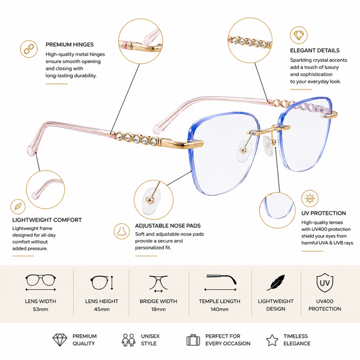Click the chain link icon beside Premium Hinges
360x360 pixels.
pos(29,49)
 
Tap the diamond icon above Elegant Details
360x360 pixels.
pos(298,35)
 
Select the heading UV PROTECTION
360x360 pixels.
pos(323,213)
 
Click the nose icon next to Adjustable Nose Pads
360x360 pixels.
pos(122,231)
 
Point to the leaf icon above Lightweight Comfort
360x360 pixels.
pos(18,206)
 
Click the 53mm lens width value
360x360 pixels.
pos(40,309)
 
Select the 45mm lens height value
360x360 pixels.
pos(101,309)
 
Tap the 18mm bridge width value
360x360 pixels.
pos(158,309)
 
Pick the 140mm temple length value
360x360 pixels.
pos(220,309)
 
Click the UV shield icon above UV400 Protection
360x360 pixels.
pos(325,283)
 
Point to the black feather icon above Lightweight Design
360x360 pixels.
pos(276,283)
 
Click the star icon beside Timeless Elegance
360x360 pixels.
pos(272,340)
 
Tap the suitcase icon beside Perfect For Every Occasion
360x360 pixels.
pos(193,340)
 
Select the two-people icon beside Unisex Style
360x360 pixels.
pos(128,340)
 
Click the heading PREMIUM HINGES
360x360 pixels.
pos(70,44)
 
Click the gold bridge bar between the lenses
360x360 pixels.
pos(269,129)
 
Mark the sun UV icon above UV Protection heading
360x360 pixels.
pos(310,199)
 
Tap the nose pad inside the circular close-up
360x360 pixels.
pos(151,200)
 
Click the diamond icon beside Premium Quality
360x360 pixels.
pos(59,340)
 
